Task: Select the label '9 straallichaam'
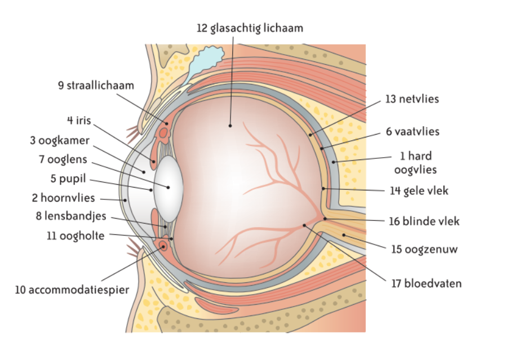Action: [x=96, y=86]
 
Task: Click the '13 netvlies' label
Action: [x=412, y=99]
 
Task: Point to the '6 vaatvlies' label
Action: [x=413, y=132]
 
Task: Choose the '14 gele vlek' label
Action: [x=418, y=190]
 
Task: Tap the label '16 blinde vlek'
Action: [x=424, y=221]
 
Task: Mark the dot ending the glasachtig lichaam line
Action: [x=230, y=126]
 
